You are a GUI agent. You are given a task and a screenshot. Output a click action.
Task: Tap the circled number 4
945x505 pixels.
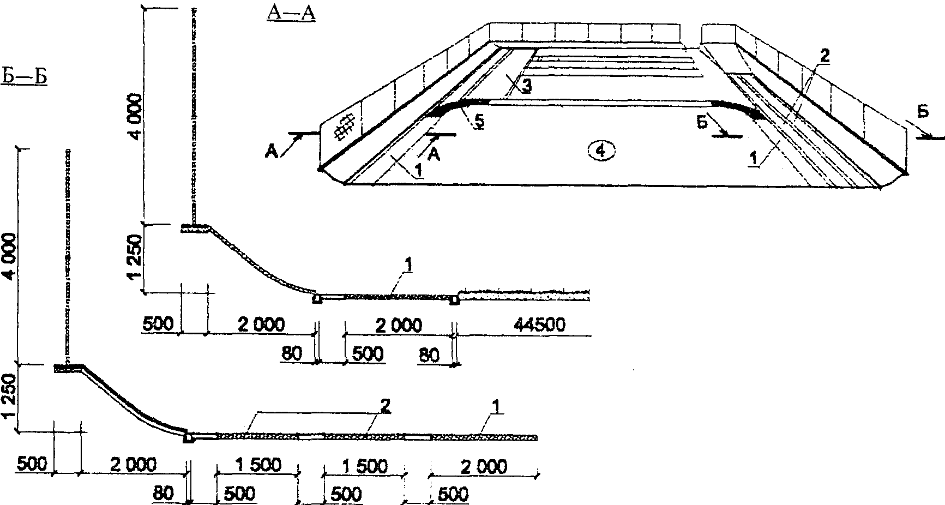click(x=601, y=151)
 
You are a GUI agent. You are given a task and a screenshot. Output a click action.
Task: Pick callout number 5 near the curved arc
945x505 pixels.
click(x=478, y=122)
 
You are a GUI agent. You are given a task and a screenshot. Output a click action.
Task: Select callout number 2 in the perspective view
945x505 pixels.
click(x=824, y=56)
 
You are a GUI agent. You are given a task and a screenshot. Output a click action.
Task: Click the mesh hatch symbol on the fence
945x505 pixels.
click(x=344, y=128)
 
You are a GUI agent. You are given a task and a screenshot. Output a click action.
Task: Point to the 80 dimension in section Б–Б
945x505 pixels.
click(x=163, y=494)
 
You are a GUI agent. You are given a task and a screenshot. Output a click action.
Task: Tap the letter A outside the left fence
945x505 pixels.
click(x=273, y=151)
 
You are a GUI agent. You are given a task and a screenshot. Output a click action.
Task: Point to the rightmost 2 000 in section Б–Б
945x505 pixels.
click(x=483, y=467)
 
